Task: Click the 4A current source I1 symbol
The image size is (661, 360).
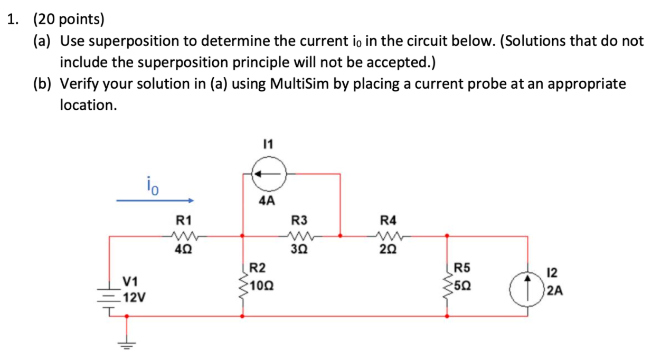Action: pos(268,173)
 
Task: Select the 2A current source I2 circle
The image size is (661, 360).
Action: pos(527,289)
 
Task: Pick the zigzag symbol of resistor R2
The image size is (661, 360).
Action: pos(243,286)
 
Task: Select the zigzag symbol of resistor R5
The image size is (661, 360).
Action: pos(448,286)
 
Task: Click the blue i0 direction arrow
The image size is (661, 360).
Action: pos(156,201)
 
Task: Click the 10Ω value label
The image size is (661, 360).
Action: pos(261,287)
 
